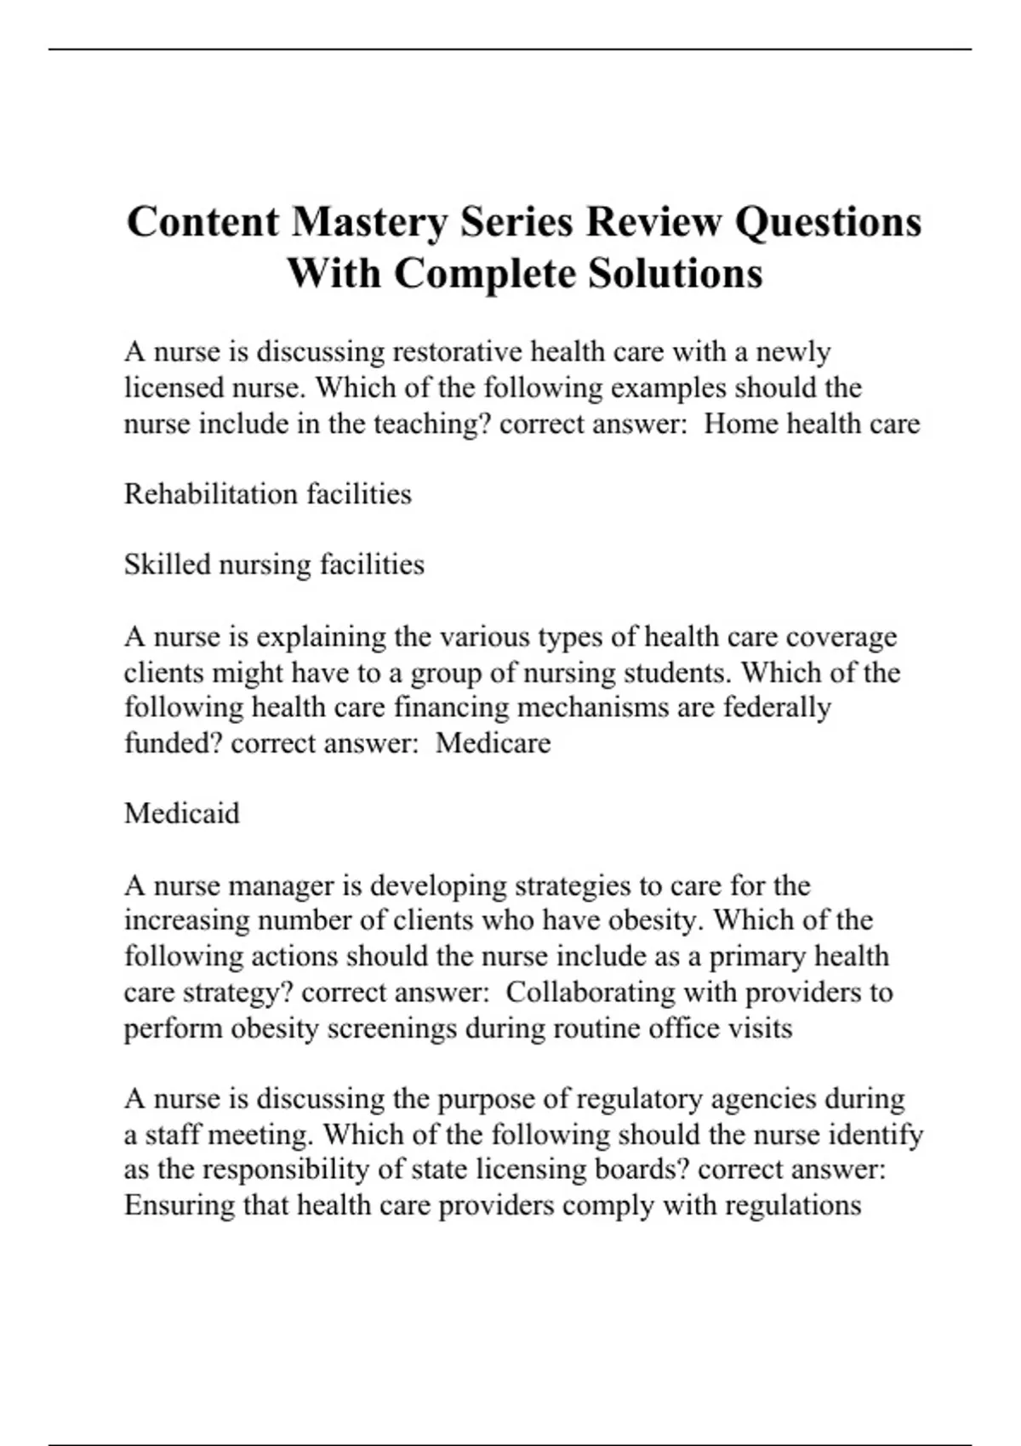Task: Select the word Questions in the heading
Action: [828, 223]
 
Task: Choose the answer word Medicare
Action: [493, 743]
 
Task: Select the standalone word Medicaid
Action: [182, 814]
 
